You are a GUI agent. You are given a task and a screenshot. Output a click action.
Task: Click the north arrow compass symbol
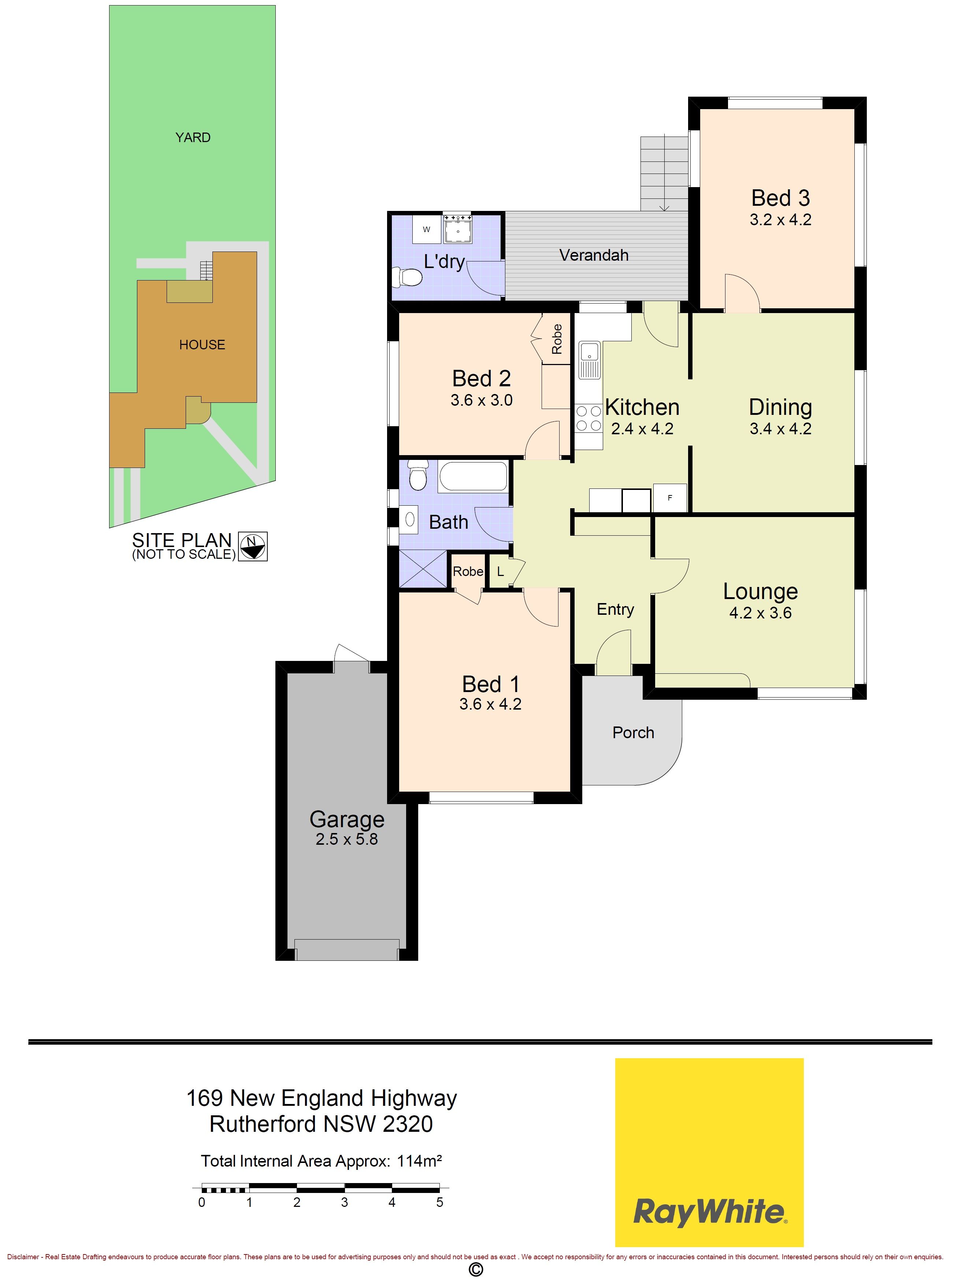point(253,546)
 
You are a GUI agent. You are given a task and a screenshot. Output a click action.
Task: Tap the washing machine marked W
point(426,230)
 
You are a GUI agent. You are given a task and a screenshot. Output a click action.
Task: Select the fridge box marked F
point(670,498)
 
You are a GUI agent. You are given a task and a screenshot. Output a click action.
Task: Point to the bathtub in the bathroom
point(473,477)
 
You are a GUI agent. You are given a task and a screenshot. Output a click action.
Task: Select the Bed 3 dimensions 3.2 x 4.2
point(780,220)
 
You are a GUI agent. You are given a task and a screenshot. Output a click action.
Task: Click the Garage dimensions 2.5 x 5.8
point(346,839)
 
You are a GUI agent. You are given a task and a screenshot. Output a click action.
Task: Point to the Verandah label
point(594,255)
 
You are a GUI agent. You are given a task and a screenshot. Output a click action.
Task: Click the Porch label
point(633,733)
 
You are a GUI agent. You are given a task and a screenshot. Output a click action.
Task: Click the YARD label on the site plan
point(193,138)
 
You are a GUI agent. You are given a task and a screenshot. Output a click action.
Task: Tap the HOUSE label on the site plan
point(202,345)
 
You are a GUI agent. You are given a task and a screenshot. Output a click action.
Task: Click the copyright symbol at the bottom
point(475,1269)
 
